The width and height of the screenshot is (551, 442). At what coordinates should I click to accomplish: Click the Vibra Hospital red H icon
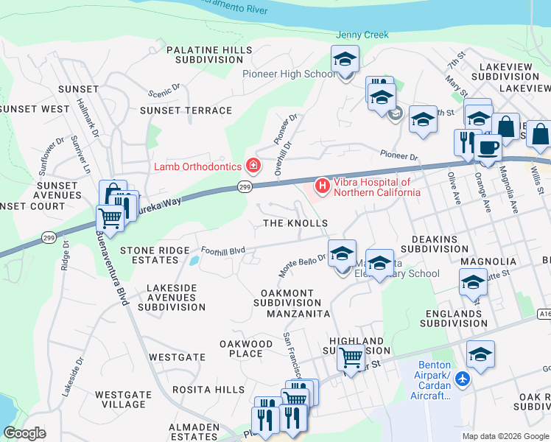tap(321, 184)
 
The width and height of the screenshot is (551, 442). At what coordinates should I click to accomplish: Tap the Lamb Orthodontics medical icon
tap(253, 165)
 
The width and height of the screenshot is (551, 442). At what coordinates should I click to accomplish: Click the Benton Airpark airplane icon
tap(462, 379)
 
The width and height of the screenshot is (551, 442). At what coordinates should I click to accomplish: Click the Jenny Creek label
tap(362, 35)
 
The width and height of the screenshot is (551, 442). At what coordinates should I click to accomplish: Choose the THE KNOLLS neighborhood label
tap(295, 223)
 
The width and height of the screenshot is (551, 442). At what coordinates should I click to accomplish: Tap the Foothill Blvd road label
tap(222, 250)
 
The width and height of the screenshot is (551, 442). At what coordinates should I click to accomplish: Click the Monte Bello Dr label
tap(302, 263)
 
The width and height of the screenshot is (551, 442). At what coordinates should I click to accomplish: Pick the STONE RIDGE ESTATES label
tap(155, 256)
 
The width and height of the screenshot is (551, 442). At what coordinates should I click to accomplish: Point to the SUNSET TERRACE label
tap(186, 110)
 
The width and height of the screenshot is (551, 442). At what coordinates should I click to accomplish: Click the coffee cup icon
tap(488, 147)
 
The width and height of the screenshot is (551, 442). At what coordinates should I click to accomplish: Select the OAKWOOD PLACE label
tap(246, 348)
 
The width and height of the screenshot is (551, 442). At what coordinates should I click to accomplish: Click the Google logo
tap(24, 433)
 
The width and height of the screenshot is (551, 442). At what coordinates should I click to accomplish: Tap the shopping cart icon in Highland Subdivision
tap(351, 358)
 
